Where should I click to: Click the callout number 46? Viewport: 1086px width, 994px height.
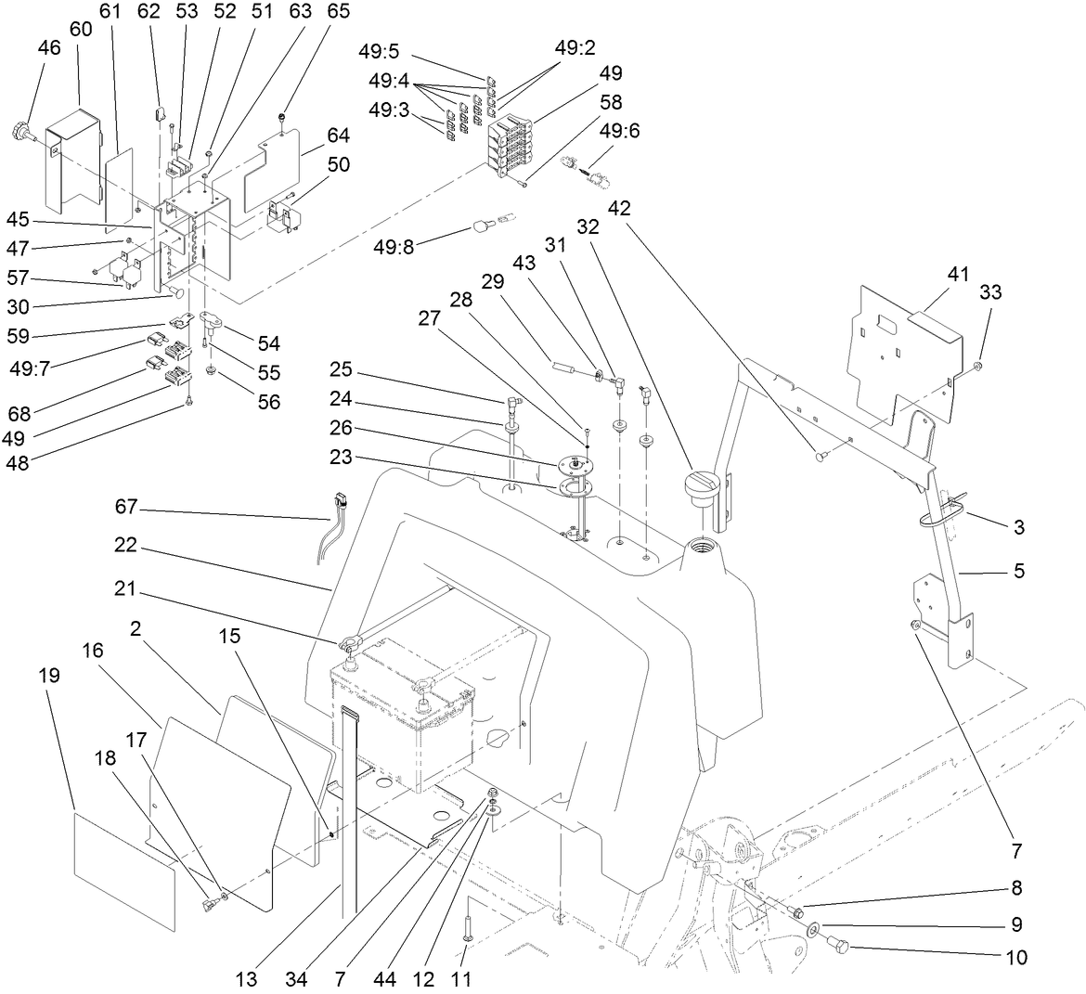48,49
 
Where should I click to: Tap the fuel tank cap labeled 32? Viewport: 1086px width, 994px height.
703,487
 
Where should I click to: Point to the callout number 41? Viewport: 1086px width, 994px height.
957,275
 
